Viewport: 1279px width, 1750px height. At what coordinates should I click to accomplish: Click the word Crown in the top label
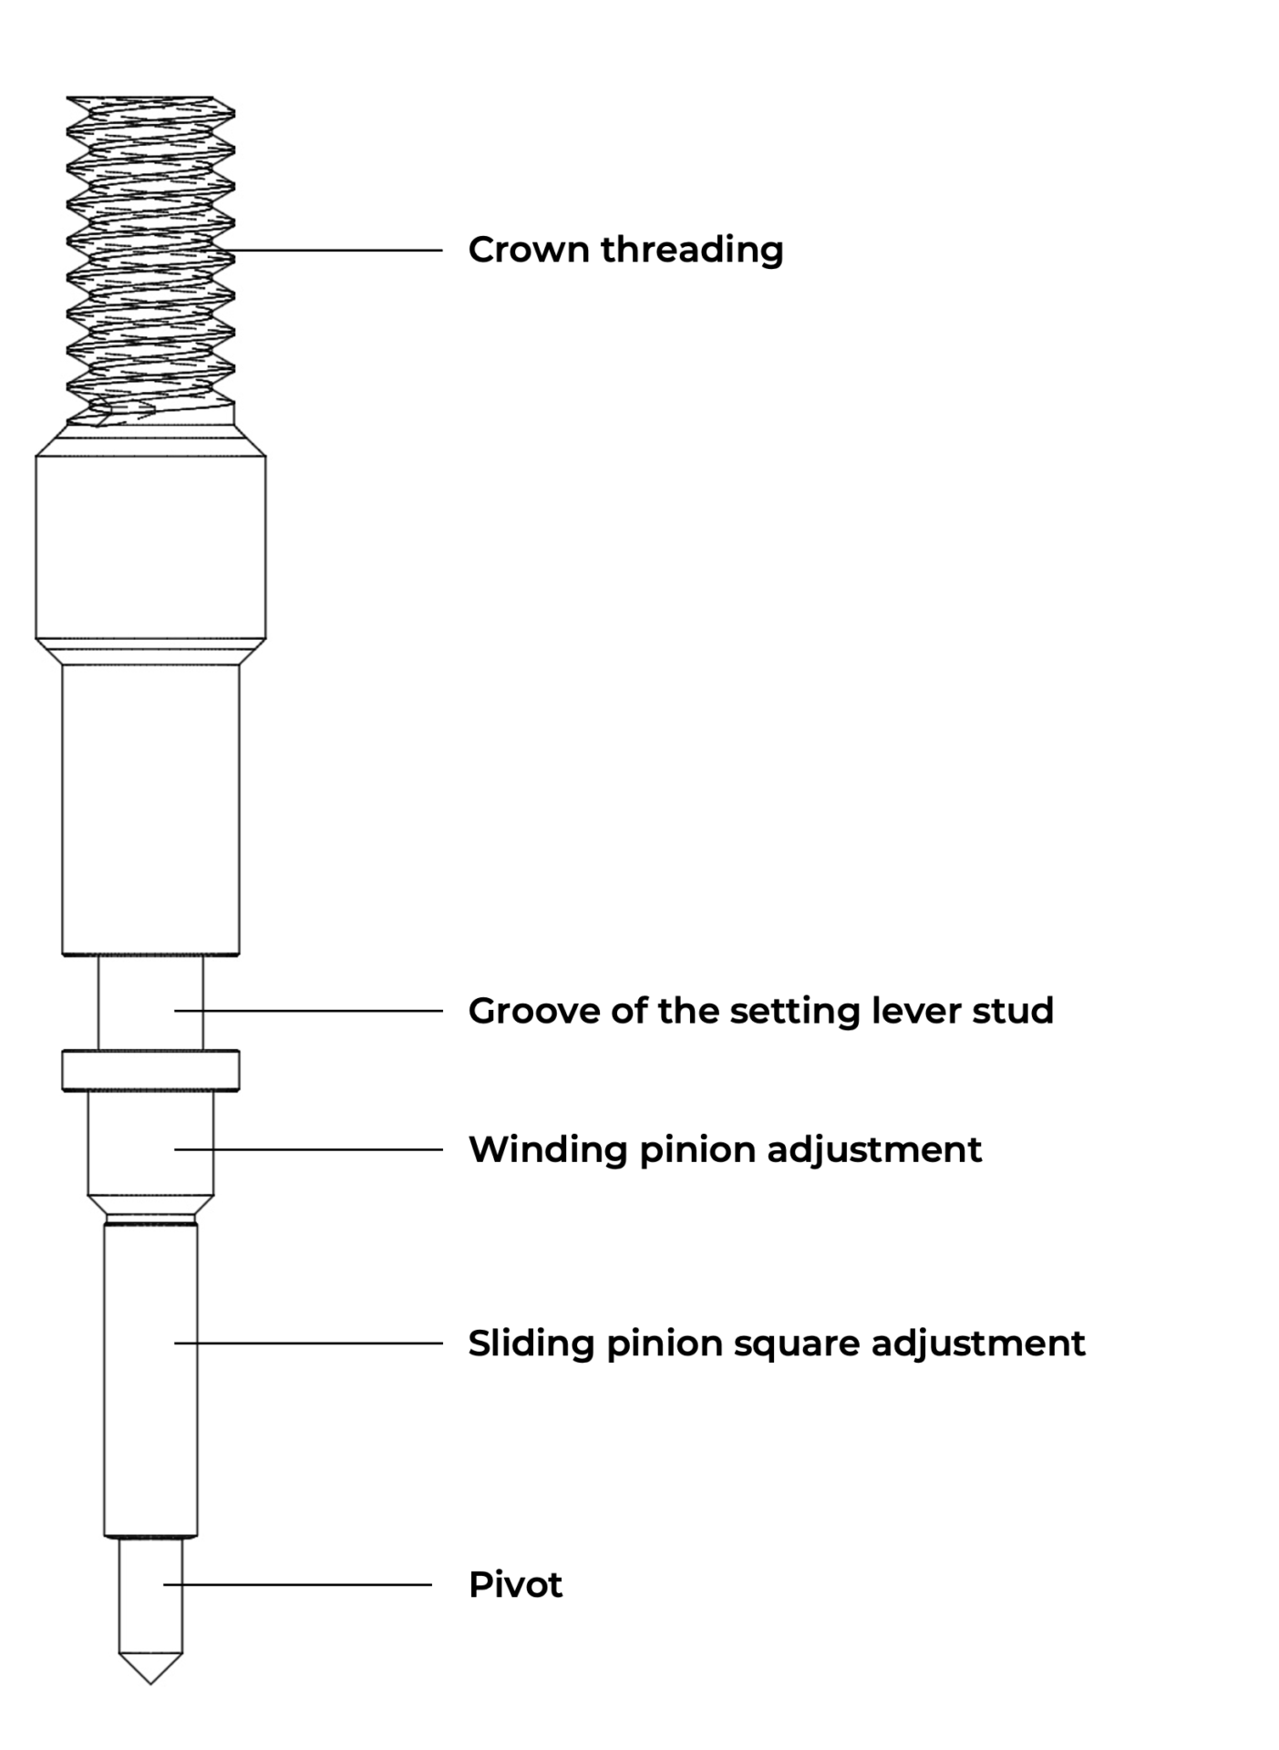click(528, 250)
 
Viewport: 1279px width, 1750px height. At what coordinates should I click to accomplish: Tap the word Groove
click(532, 1011)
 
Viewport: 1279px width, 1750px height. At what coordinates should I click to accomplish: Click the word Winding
click(547, 1150)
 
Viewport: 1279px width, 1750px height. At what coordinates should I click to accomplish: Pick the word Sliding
click(531, 1343)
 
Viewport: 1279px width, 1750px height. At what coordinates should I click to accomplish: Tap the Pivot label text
click(515, 1585)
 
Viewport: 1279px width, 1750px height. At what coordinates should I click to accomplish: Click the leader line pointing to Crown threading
click(337, 250)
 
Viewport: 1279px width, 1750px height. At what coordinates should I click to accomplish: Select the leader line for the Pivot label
click(301, 1585)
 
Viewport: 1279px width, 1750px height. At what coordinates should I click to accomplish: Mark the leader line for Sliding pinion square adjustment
click(310, 1343)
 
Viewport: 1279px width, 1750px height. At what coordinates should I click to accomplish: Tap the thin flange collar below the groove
click(150, 1070)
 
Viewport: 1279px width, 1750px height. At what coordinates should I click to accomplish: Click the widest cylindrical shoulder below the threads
click(150, 547)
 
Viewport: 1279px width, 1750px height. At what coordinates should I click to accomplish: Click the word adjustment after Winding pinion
click(874, 1150)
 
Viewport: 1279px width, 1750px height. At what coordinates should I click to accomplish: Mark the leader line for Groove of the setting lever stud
click(310, 1011)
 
